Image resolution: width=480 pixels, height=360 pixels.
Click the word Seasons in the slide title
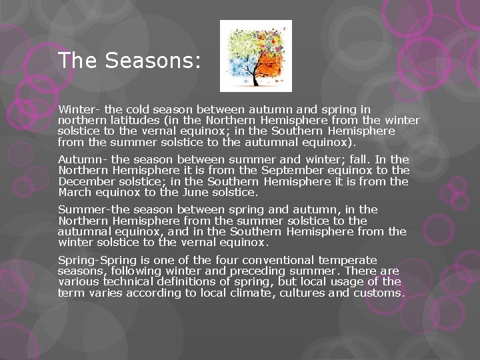point(152,61)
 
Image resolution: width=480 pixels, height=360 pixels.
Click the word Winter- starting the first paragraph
point(77,109)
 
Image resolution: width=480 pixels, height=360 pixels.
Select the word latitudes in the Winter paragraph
point(129,120)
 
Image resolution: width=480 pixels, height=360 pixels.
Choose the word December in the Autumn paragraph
point(87,181)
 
